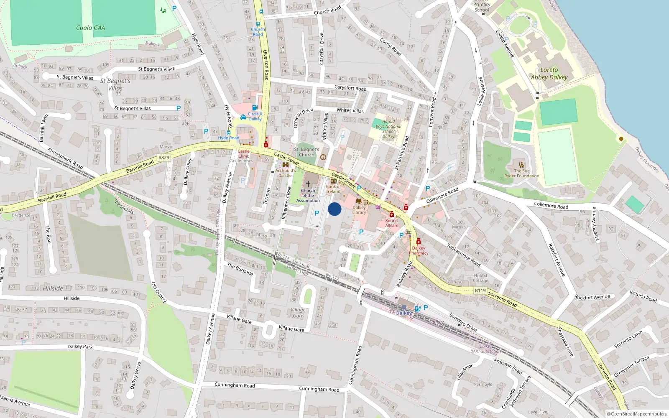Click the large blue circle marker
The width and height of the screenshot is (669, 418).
click(334, 209)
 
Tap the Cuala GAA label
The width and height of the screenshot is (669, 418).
click(90, 28)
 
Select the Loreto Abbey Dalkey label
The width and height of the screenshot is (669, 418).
click(549, 74)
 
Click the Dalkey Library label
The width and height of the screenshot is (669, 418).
click(359, 210)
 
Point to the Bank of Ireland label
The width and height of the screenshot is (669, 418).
click(333, 189)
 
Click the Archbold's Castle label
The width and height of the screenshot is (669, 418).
click(286, 173)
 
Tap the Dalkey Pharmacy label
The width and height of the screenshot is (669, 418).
click(419, 250)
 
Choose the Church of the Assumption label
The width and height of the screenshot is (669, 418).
click(308, 196)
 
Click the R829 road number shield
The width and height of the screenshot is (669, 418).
click(164, 158)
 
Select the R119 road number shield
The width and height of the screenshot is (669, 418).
click(480, 291)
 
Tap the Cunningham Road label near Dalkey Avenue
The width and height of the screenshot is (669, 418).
click(235, 385)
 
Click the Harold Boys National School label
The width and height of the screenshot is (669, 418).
click(388, 129)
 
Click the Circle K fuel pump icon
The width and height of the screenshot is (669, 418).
click(255, 107)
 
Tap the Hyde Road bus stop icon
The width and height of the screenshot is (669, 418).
click(228, 133)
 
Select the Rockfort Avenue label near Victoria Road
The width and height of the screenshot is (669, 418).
click(592, 297)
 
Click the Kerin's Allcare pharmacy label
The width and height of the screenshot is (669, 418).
click(392, 223)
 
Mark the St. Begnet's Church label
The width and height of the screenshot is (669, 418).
click(306, 152)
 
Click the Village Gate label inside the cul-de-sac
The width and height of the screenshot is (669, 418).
click(298, 313)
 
